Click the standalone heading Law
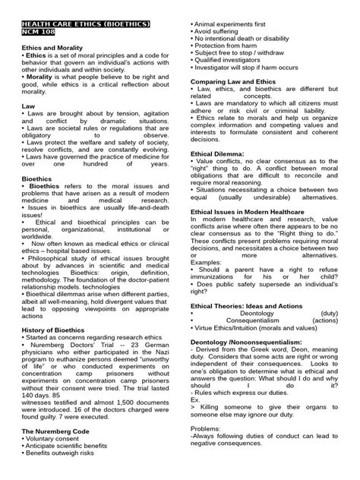pyautogui.click(x=27, y=106)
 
